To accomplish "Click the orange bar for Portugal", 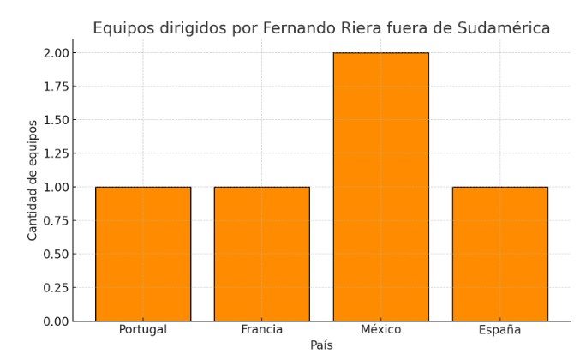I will (x=143, y=254).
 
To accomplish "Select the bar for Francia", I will (x=261, y=254).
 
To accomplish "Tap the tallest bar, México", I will (x=380, y=187).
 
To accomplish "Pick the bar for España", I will (x=499, y=254).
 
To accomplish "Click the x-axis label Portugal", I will (x=143, y=329).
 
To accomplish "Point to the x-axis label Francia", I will (x=261, y=329).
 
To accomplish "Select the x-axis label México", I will (x=380, y=329).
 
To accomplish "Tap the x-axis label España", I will (x=499, y=330).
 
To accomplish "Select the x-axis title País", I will (x=321, y=345).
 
